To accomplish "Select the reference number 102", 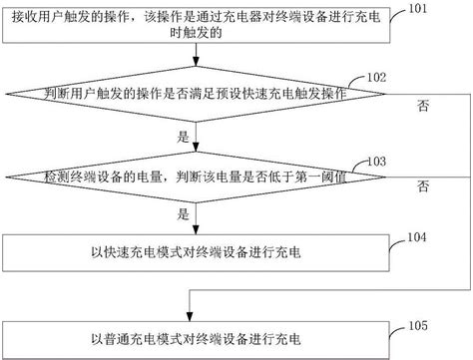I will click(x=377, y=77).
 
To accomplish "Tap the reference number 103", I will click(x=378, y=160).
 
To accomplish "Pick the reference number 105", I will click(x=418, y=324).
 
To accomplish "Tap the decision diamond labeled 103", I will click(x=200, y=178).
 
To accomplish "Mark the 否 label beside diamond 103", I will click(x=424, y=186).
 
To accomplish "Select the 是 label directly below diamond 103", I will click(x=182, y=213).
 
